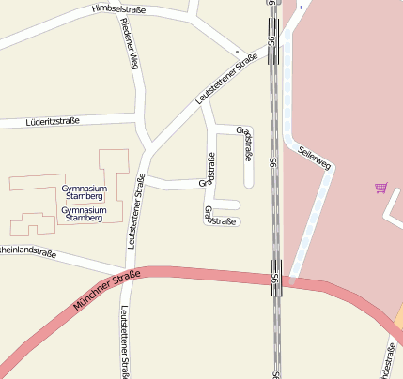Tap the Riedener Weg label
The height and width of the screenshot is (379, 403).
click(x=130, y=45)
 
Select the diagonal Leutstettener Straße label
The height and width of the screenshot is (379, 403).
click(x=226, y=80)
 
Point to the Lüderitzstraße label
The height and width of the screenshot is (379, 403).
click(x=54, y=121)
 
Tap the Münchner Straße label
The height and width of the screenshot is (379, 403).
click(x=105, y=292)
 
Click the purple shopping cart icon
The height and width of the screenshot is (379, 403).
click(x=380, y=188)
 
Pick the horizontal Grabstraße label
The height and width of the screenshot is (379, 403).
click(x=219, y=221)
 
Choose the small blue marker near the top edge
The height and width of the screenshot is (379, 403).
click(x=301, y=7)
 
